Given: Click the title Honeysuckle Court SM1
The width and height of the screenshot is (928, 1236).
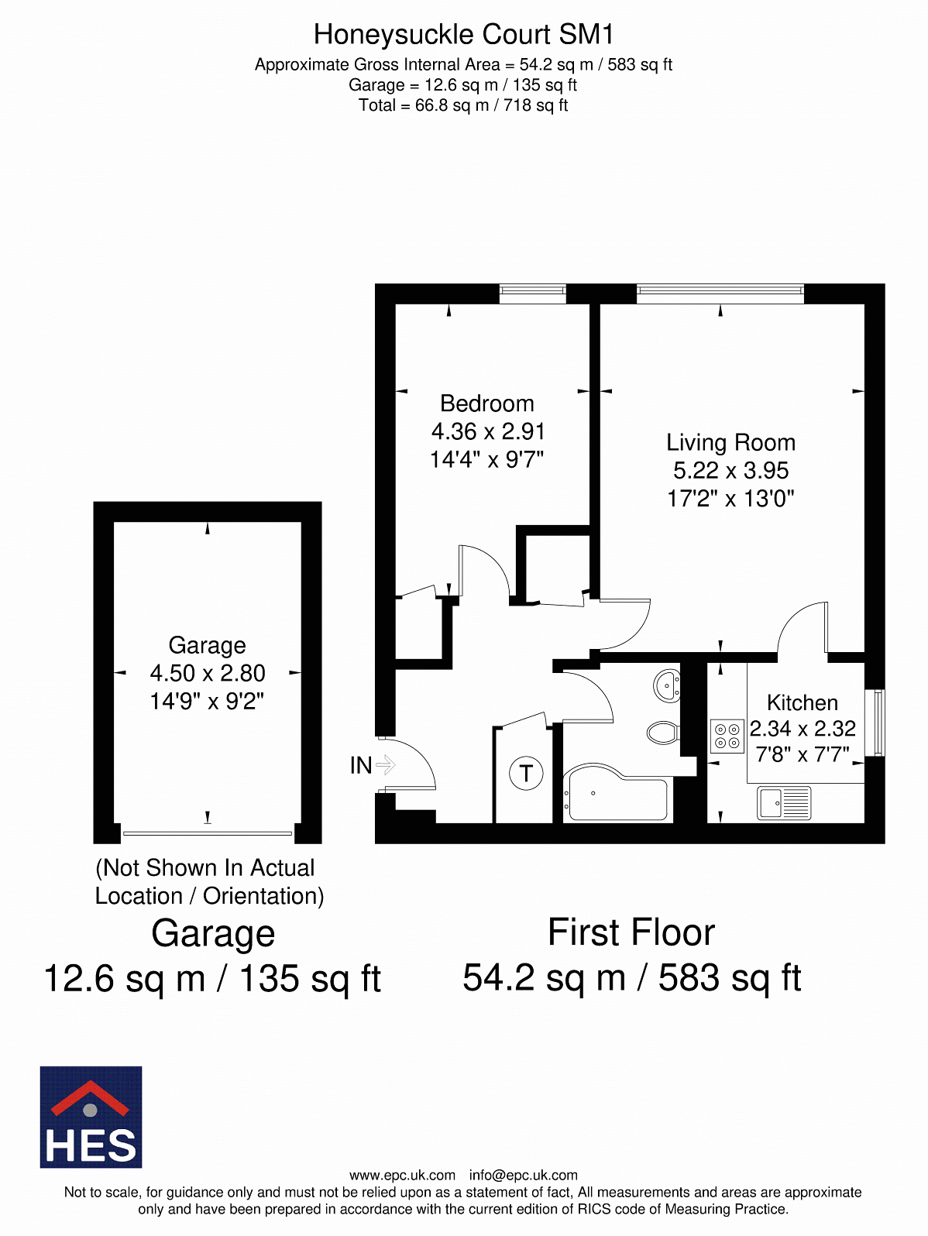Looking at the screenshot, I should pyautogui.click(x=463, y=35).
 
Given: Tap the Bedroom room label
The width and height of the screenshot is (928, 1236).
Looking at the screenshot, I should pyautogui.click(x=486, y=403).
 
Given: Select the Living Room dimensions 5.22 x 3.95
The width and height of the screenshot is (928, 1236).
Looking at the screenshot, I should pyautogui.click(x=730, y=470).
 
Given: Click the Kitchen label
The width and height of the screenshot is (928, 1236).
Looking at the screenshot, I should pyautogui.click(x=802, y=702).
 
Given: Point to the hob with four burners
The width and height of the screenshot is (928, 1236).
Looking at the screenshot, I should pyautogui.click(x=727, y=736).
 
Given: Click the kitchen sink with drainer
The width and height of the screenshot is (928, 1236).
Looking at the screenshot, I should pyautogui.click(x=783, y=802).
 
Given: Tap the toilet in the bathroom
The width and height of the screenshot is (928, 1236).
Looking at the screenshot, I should pyautogui.click(x=663, y=732).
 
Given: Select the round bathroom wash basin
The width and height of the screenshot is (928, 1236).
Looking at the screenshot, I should pyautogui.click(x=667, y=686).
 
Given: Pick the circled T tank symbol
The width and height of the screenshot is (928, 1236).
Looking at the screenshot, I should pyautogui.click(x=526, y=773).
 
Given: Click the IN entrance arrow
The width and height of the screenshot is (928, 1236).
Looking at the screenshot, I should pyautogui.click(x=385, y=765).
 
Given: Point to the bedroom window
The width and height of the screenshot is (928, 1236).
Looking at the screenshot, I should pyautogui.click(x=532, y=292).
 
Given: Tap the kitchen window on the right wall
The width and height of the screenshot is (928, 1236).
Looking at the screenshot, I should pyautogui.click(x=878, y=722).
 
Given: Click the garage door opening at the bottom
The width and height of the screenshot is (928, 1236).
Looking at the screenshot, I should pyautogui.click(x=207, y=833).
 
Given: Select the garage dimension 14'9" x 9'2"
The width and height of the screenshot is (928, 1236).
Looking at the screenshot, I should pyautogui.click(x=207, y=701).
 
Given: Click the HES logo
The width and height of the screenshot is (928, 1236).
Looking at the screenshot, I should pyautogui.click(x=91, y=1117).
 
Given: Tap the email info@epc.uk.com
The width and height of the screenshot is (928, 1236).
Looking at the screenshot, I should pyautogui.click(x=523, y=1175).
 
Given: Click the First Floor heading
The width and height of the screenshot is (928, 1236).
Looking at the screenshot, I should pyautogui.click(x=631, y=932).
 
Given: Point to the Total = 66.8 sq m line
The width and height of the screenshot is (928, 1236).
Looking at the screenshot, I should pyautogui.click(x=463, y=105).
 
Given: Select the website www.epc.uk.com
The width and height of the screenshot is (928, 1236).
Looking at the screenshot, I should pyautogui.click(x=402, y=1175).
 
